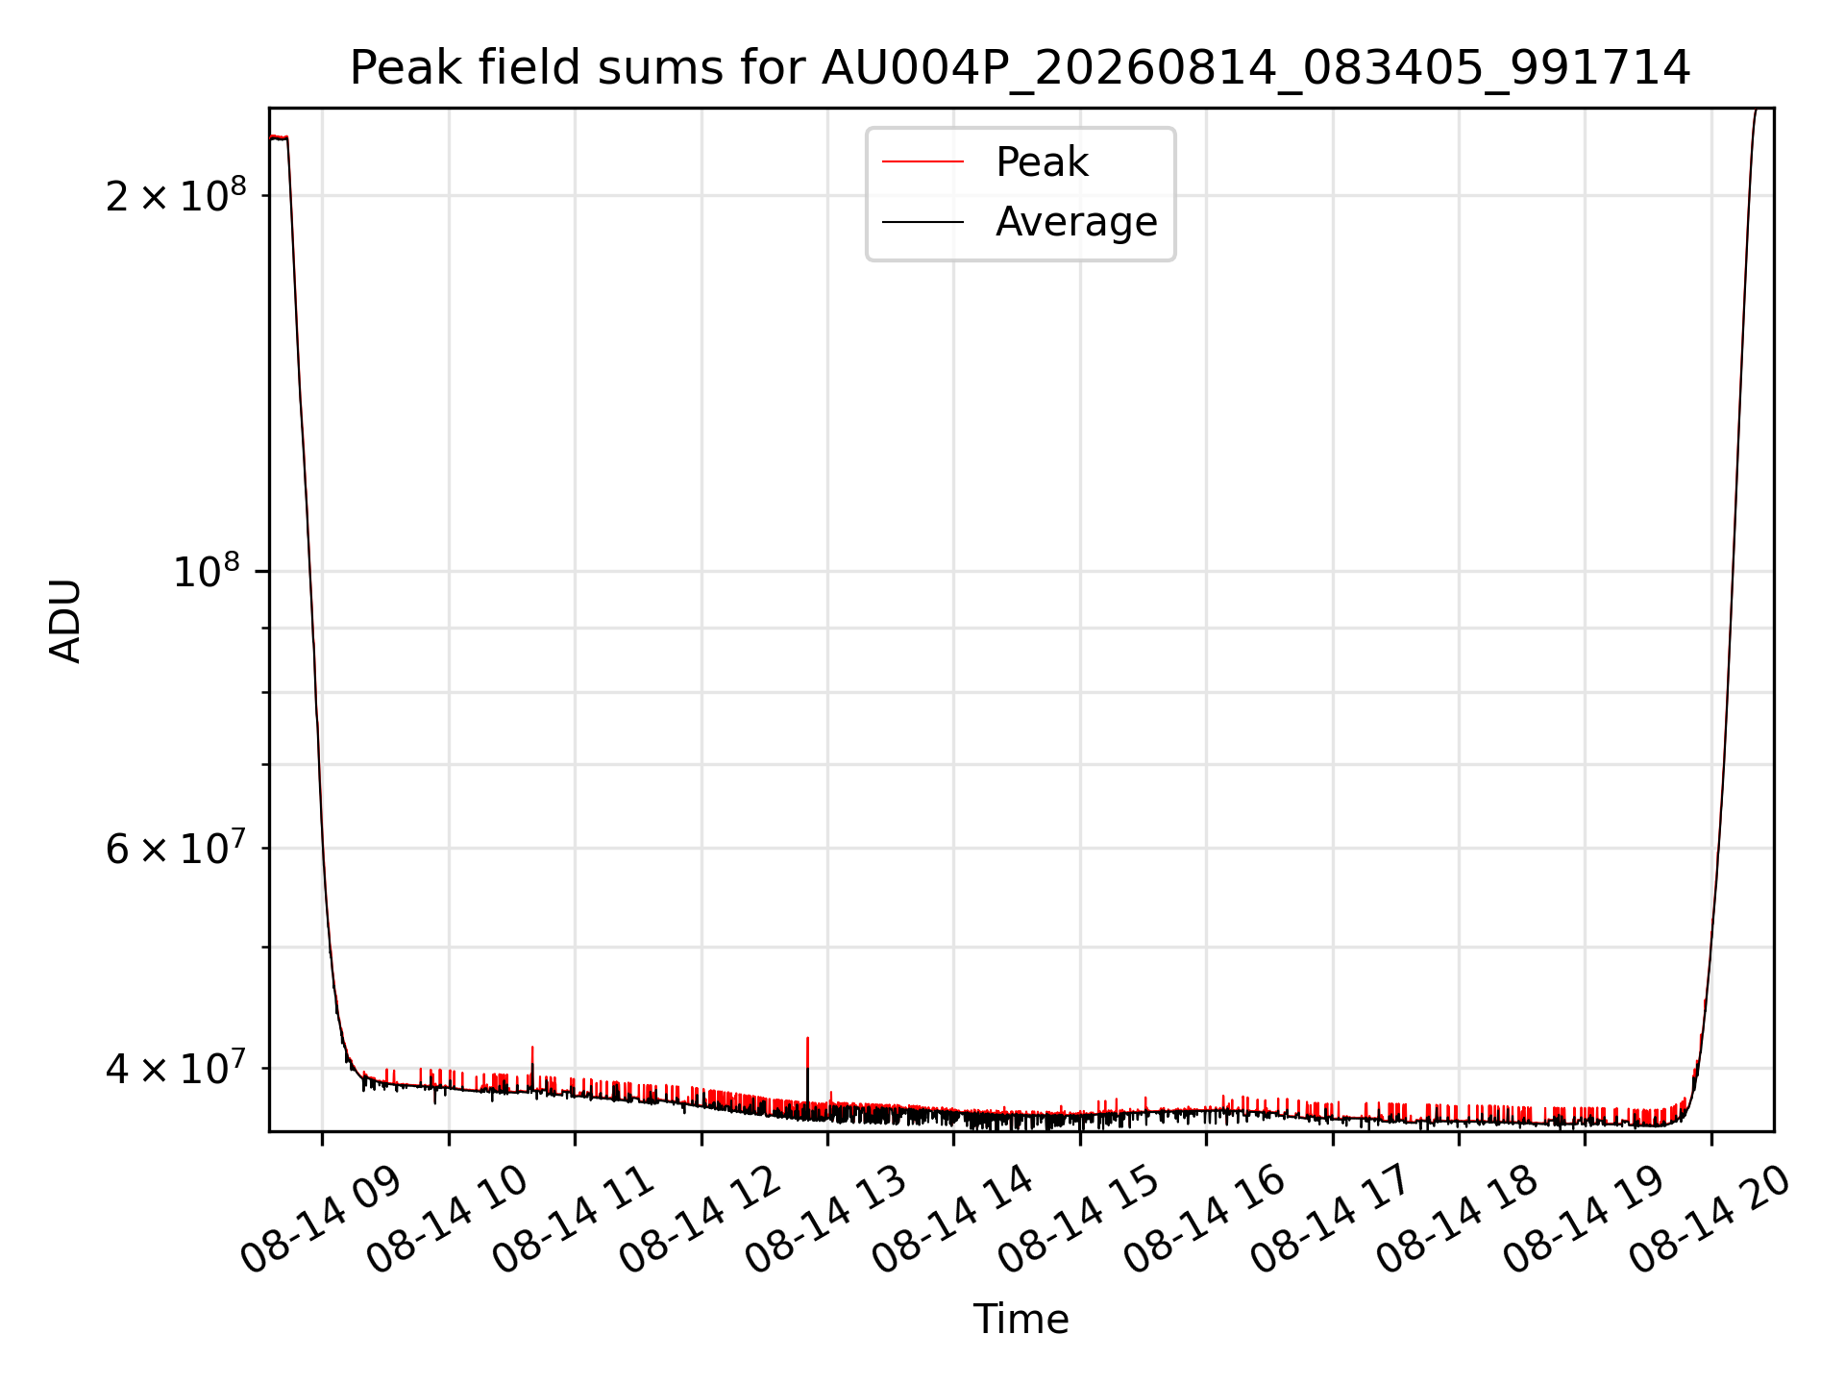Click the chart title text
(x=1020, y=68)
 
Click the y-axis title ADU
(x=65, y=620)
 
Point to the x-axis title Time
(x=1021, y=1320)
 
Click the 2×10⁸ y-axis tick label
(x=176, y=195)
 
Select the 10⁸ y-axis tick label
(x=207, y=571)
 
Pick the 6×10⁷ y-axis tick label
(x=176, y=848)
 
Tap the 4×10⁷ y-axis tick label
(x=176, y=1067)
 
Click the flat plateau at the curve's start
(x=279, y=137)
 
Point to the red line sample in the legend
(x=922, y=162)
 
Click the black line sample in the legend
(x=922, y=222)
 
